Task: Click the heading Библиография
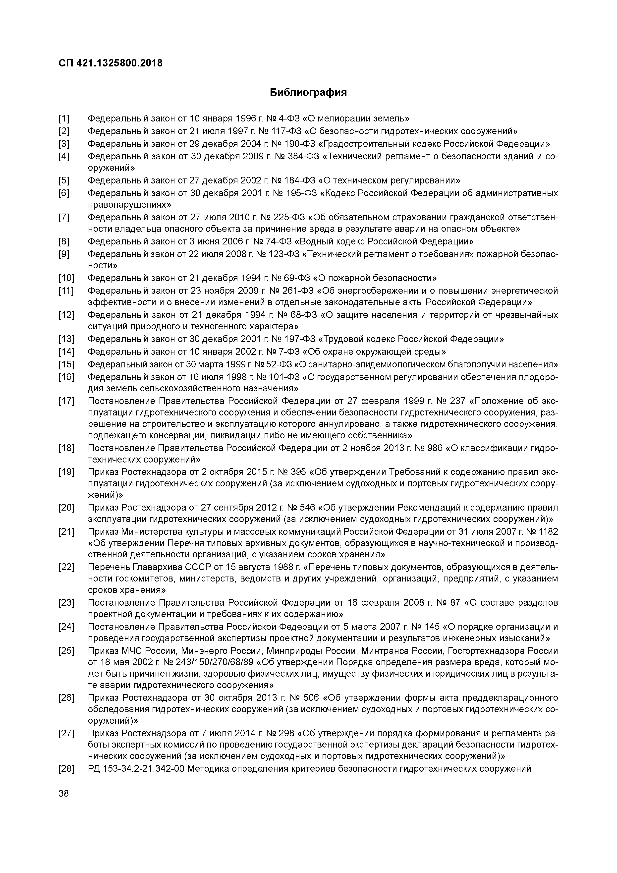pyautogui.click(x=308, y=92)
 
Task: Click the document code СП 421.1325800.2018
pyautogui.click(x=111, y=63)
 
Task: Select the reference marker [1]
pyautogui.click(x=64, y=119)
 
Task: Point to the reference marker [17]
pyautogui.click(x=66, y=401)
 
